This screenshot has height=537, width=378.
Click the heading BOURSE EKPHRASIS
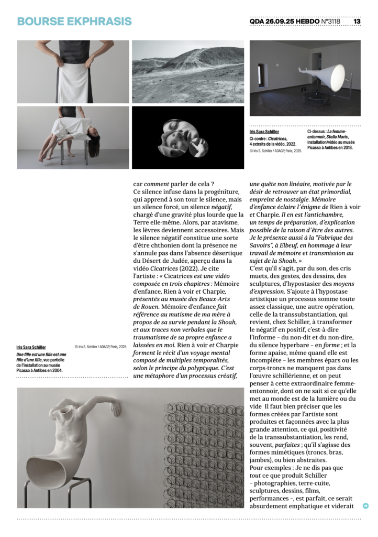pos(74,22)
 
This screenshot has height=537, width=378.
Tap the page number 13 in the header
pos(357,22)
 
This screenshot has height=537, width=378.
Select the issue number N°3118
pos(330,22)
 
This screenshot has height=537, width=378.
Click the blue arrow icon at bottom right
pos(365,506)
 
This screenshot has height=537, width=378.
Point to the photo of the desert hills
pos(187,72)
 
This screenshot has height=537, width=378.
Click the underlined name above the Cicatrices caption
pos(264,132)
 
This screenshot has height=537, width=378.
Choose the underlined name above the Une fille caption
pos(31,347)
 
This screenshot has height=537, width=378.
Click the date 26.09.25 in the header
pos(282,22)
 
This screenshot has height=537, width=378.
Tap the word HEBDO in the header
pos(307,22)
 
